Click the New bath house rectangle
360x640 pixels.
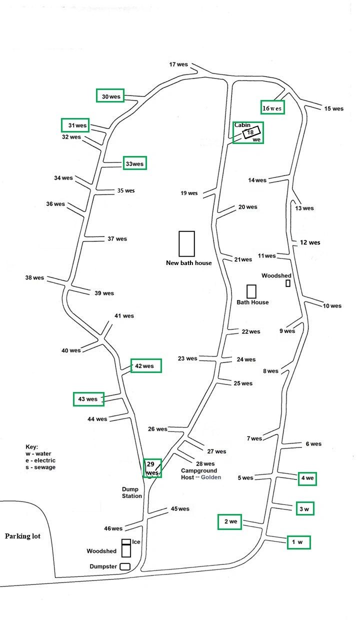(x=186, y=243)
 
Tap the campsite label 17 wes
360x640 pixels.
(x=178, y=64)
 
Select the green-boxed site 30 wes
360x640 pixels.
(x=110, y=96)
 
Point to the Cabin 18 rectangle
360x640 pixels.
(x=251, y=132)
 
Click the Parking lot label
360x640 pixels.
(x=22, y=536)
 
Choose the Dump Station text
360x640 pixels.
(x=132, y=492)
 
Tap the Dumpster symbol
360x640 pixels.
(x=125, y=566)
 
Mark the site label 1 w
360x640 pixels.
(x=298, y=542)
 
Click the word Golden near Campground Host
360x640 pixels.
(x=211, y=477)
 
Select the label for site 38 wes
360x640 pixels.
(x=34, y=277)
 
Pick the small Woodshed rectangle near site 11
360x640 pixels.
(x=288, y=283)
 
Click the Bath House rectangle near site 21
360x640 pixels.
(x=251, y=291)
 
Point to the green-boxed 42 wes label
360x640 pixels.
(x=145, y=366)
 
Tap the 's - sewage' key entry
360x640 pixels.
(x=40, y=467)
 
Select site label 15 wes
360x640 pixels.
(x=334, y=108)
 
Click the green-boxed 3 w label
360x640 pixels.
(x=305, y=509)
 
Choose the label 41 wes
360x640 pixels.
(x=124, y=316)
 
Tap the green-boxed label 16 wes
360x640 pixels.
(x=272, y=108)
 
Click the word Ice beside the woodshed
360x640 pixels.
(x=136, y=541)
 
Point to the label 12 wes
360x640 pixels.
(x=310, y=242)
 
